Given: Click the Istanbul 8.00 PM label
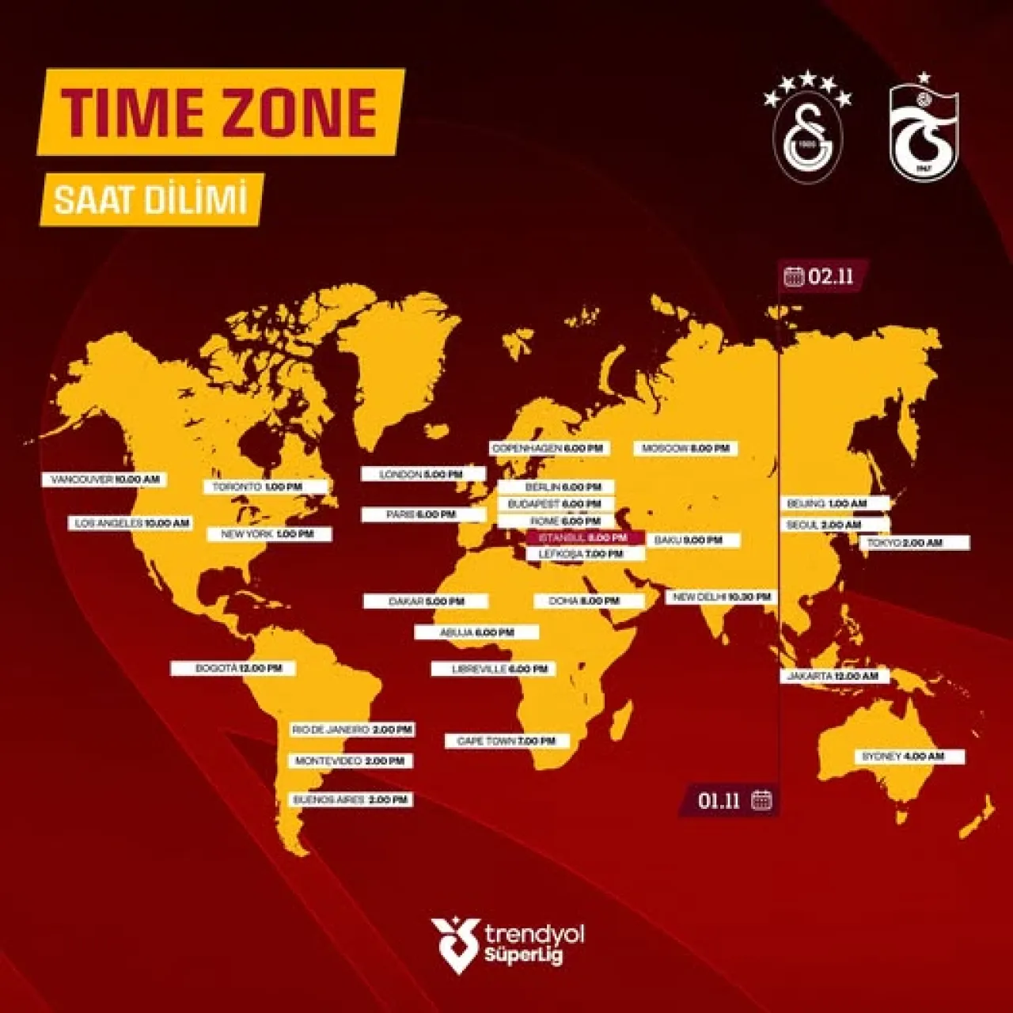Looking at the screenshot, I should tap(584, 537).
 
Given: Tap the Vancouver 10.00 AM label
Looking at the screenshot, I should tap(104, 480).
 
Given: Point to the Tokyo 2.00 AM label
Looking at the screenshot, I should tap(913, 543).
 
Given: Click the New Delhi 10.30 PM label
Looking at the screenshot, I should tap(722, 597).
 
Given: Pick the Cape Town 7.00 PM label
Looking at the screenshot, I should tap(506, 742).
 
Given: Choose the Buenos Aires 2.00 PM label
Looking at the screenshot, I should tap(351, 800).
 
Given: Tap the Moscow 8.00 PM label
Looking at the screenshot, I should tap(685, 449).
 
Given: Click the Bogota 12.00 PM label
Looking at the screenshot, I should tap(233, 669).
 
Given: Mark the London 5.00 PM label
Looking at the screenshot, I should tap(423, 474).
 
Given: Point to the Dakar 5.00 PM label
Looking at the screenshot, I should tap(426, 601).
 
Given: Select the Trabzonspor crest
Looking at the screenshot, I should tap(923, 131).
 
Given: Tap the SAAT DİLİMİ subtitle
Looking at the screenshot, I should tap(151, 199).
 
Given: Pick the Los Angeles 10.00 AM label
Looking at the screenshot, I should tap(131, 523).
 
